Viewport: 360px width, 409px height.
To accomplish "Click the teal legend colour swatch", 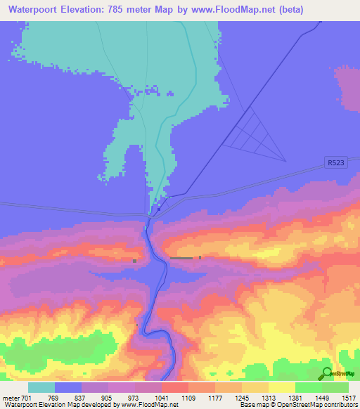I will pos(41,387).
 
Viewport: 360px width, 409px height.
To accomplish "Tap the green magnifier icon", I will pos(326,373).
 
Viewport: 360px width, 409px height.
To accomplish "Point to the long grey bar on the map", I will pos(181,259).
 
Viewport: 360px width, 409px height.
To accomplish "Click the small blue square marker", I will pos(159,208).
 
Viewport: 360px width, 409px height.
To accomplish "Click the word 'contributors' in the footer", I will pos(340,405).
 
